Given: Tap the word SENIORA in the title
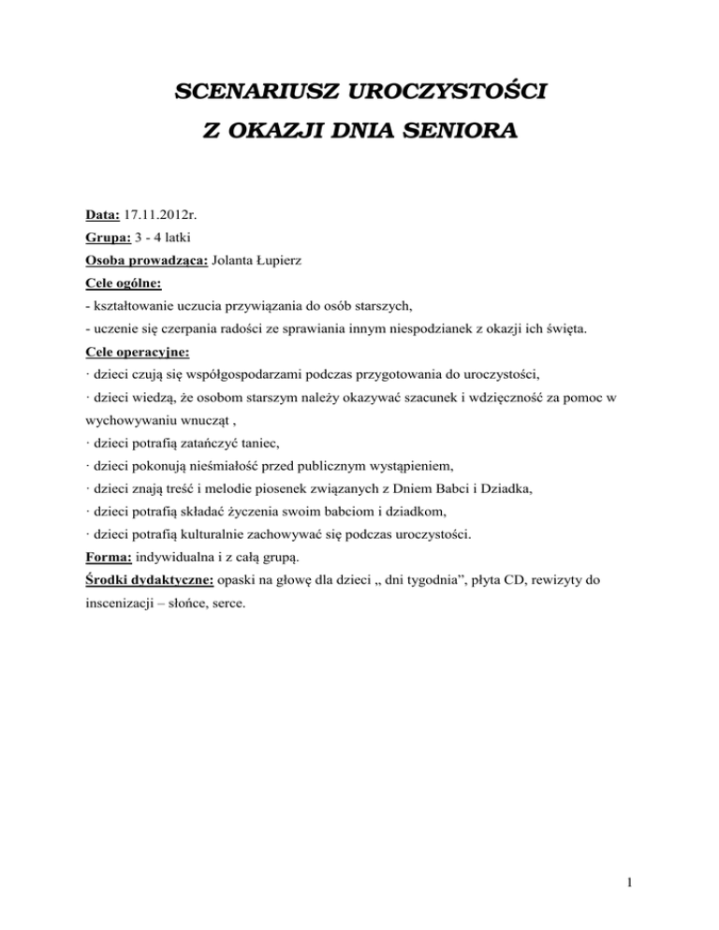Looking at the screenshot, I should coord(463,133).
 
